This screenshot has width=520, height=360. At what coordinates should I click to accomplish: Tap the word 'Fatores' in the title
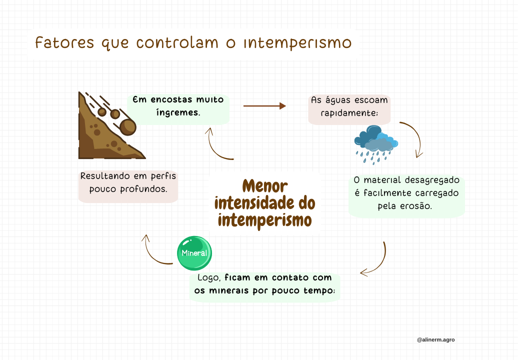(64, 43)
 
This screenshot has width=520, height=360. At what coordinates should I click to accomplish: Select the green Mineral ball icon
(194, 253)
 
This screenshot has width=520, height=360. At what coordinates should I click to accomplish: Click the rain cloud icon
(375, 143)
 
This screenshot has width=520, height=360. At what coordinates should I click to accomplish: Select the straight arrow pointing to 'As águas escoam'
(264, 106)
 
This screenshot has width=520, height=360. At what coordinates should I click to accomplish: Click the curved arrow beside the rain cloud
(413, 138)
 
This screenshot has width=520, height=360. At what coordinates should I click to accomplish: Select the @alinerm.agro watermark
(435, 339)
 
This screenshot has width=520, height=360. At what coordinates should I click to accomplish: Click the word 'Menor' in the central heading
(265, 186)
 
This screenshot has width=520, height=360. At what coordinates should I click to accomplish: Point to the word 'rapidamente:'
(349, 113)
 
